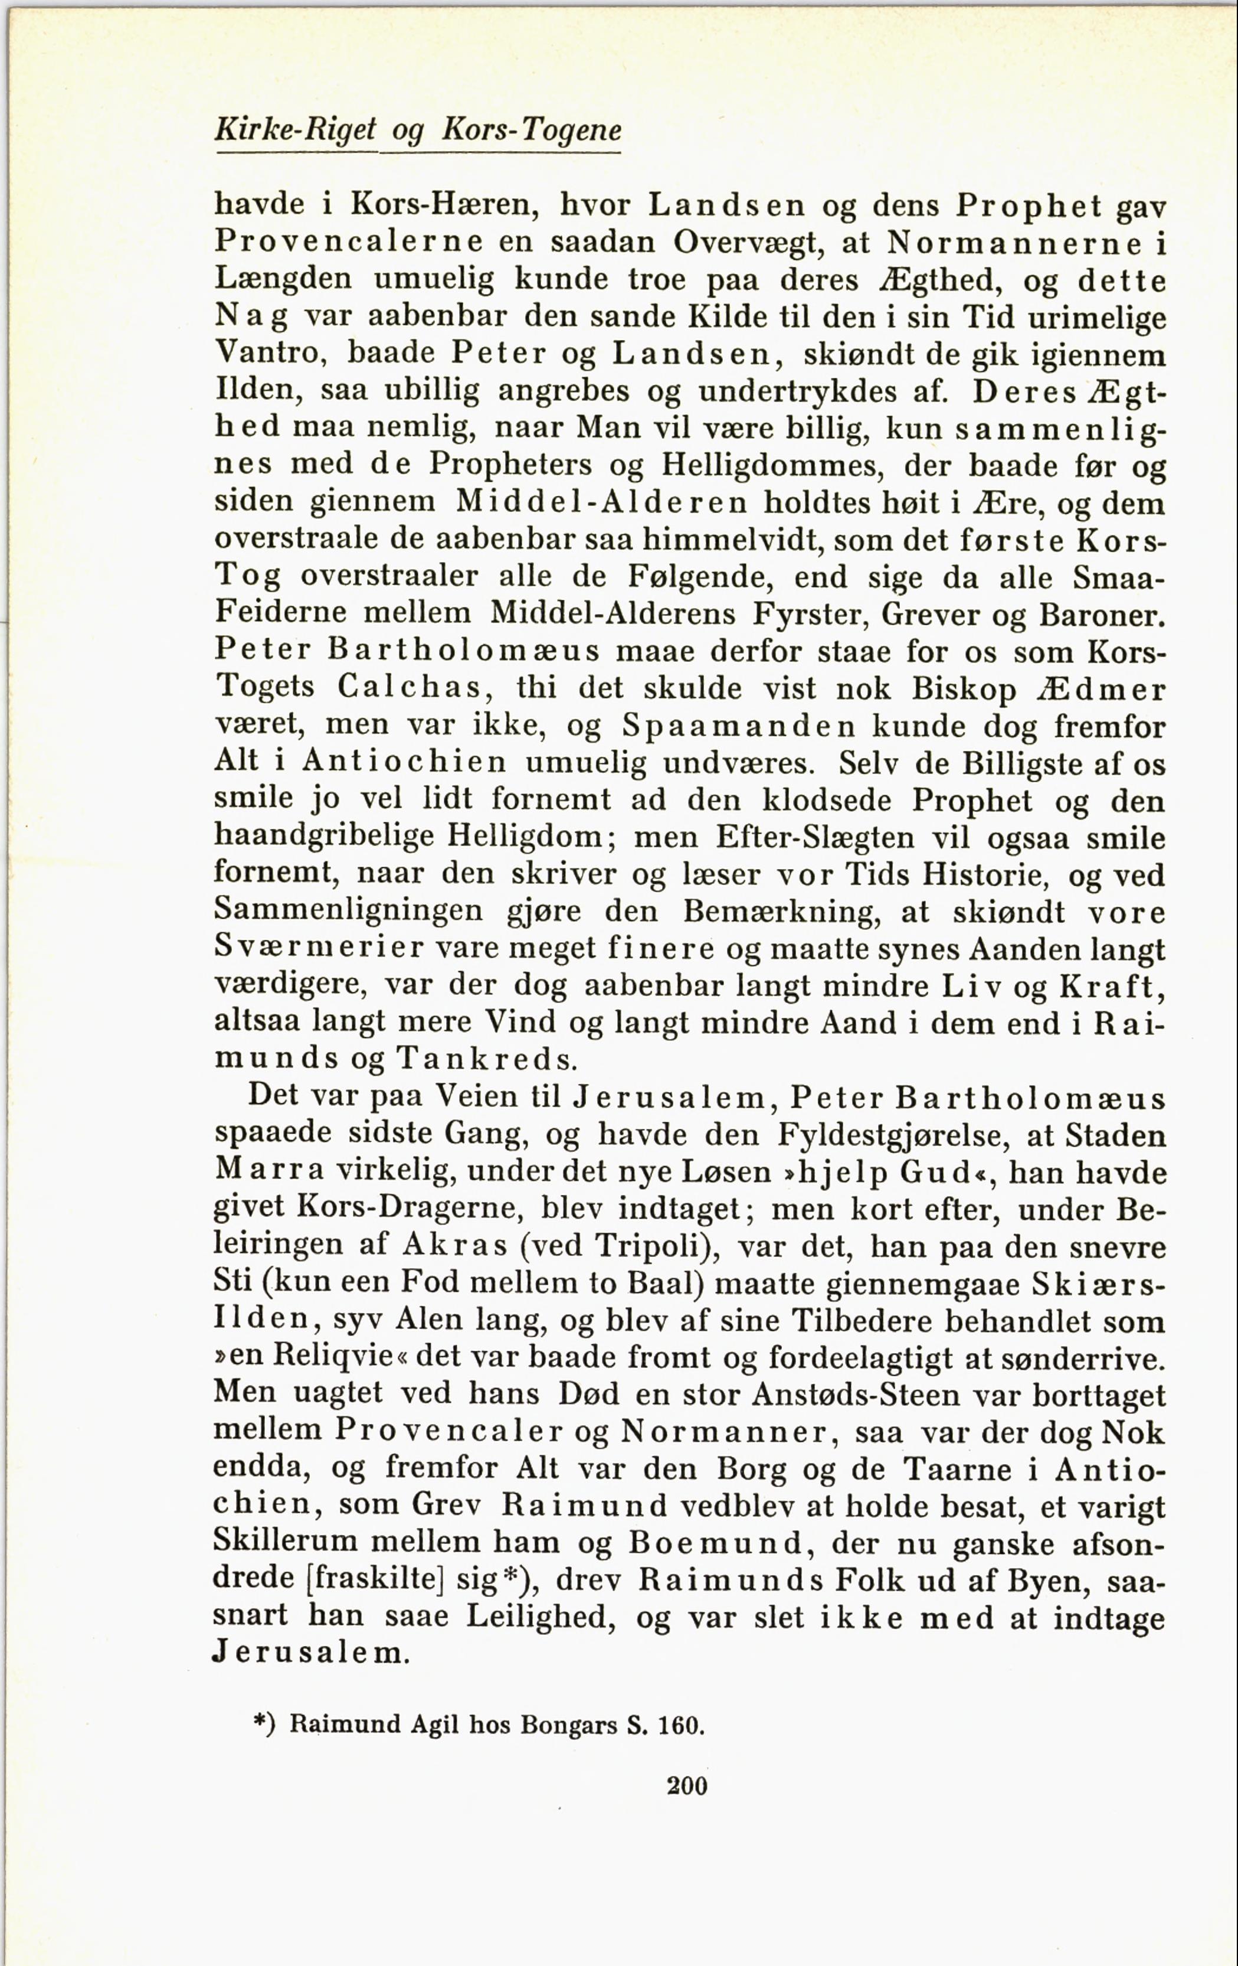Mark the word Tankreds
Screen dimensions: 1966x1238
point(486,1059)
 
